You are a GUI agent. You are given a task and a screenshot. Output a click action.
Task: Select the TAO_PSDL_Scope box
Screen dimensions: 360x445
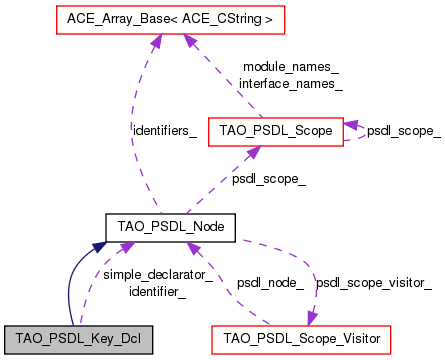tap(276, 129)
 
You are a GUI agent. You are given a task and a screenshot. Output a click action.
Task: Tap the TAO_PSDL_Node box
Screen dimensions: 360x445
tap(170, 227)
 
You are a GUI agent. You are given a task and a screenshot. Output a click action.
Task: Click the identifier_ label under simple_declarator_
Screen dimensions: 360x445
tap(157, 291)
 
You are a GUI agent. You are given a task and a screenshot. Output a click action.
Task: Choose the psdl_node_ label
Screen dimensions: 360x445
tap(270, 283)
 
